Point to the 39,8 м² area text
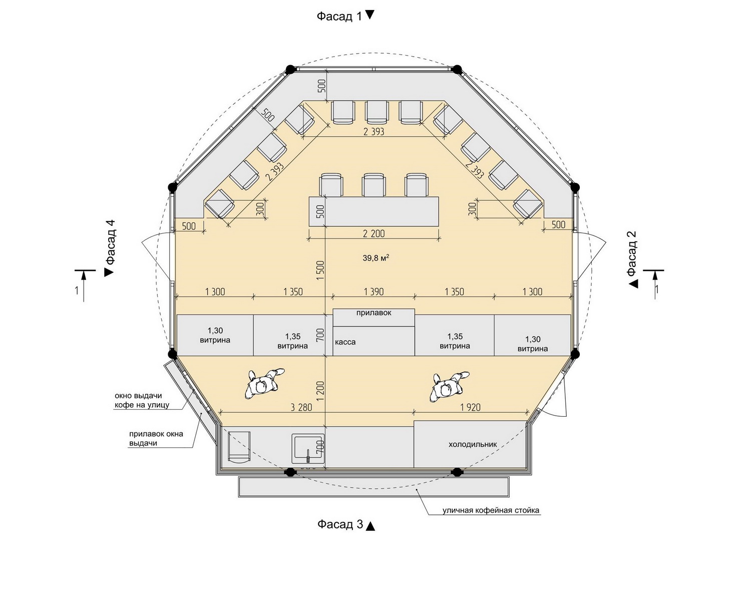376,258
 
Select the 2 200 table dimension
374,233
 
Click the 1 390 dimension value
373,291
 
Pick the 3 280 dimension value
301,407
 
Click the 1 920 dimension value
471,407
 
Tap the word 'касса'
345,342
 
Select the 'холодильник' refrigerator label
473,444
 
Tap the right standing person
449,387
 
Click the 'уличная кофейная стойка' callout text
491,510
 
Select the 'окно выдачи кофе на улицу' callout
142,400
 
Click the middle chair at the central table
374,185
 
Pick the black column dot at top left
290,70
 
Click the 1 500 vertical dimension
320,270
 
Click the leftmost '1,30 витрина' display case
215,335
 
